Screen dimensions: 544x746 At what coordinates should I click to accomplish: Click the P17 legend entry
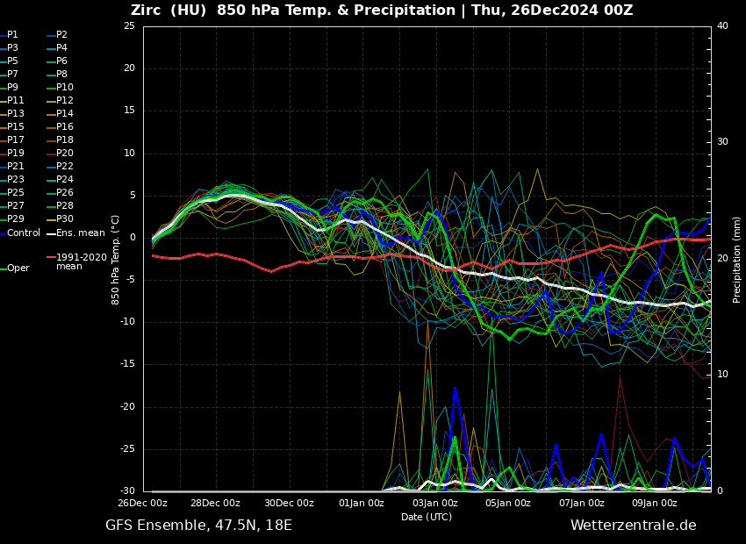(16, 140)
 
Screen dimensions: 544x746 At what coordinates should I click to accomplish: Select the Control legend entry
(24, 233)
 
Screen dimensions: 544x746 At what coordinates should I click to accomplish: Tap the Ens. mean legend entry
(80, 233)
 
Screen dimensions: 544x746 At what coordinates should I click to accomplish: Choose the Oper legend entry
(18, 268)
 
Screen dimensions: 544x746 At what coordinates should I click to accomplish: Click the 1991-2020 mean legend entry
(81, 261)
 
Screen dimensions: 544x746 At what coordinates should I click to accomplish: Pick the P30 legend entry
(65, 219)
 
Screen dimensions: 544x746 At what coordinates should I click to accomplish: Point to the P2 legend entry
(61, 35)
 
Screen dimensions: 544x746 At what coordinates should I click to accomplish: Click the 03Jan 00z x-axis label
(434, 503)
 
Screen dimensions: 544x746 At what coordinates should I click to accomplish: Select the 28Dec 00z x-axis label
(215, 503)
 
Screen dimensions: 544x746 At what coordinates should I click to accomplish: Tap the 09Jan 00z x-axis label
(655, 503)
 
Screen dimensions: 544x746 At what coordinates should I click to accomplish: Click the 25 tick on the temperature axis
(129, 26)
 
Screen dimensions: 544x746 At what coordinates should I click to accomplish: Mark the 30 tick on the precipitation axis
(722, 141)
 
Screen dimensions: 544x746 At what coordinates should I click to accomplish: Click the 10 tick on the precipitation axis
(722, 375)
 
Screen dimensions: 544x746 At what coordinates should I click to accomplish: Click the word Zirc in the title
(148, 11)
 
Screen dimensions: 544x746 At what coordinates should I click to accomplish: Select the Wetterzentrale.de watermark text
(633, 526)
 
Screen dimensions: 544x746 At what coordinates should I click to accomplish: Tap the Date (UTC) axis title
(427, 517)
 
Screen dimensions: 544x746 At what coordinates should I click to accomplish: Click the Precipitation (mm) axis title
(737, 259)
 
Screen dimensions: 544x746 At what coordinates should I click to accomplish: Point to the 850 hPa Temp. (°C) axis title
(116, 259)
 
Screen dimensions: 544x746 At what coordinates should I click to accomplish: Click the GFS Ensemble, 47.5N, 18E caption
(198, 526)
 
